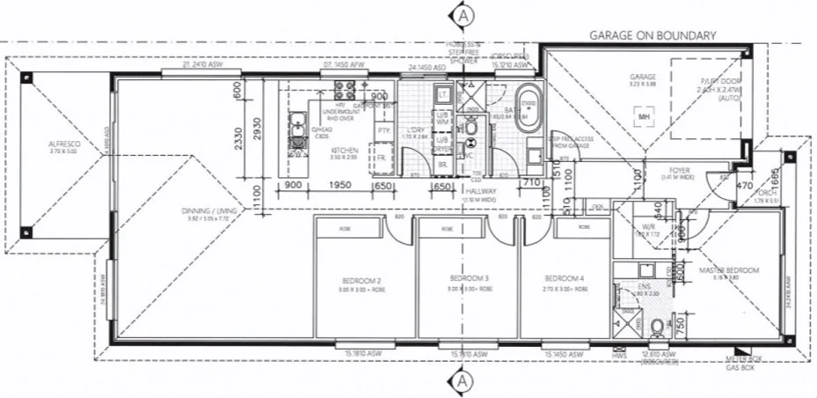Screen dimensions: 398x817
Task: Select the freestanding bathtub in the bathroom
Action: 529,109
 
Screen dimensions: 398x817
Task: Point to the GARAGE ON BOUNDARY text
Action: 653,35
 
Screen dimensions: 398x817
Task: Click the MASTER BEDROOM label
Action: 728,270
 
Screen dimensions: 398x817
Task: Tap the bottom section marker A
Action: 463,381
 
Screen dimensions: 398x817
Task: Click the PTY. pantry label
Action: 383,130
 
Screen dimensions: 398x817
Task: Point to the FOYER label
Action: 677,171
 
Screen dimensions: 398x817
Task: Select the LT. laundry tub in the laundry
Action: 443,93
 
